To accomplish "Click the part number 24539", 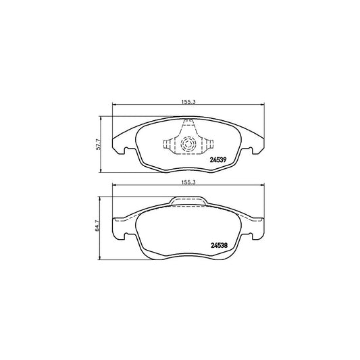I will (219, 160).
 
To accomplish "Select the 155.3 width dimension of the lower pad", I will (188, 182).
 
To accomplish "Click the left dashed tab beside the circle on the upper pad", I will (168, 143).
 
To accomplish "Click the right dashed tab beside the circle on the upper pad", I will (208, 143).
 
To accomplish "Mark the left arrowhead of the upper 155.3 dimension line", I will (113, 104).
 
